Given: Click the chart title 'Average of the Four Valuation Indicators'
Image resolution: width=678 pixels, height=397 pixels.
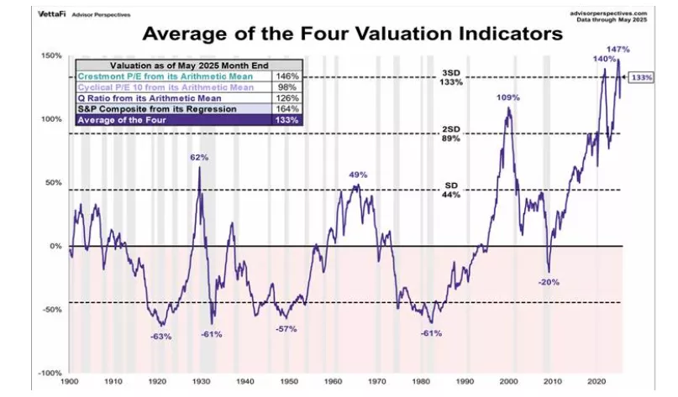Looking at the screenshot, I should pyautogui.click(x=351, y=34).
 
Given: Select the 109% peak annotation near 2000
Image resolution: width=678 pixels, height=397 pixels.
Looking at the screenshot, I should pyautogui.click(x=508, y=97).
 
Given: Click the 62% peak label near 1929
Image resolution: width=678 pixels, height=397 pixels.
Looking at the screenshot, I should pyautogui.click(x=199, y=157).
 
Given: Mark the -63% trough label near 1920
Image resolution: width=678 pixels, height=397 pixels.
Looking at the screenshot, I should pyautogui.click(x=160, y=336).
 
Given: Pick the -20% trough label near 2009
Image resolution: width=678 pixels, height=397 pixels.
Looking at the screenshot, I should pyautogui.click(x=549, y=281).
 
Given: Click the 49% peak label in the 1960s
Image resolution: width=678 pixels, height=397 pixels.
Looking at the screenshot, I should pyautogui.click(x=359, y=175).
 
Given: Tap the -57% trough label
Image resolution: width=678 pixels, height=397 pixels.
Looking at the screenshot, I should pyautogui.click(x=286, y=328).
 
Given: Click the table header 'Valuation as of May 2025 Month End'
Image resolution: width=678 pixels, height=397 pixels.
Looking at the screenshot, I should pyautogui.click(x=189, y=64).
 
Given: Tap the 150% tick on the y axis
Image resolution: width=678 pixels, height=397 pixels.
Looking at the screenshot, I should pyautogui.click(x=52, y=55).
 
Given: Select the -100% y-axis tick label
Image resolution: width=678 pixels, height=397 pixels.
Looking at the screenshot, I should pyautogui.click(x=50, y=373).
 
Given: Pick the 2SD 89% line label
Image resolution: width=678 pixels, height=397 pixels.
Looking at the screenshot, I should pyautogui.click(x=451, y=134).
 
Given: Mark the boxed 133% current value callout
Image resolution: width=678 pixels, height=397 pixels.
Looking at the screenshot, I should pyautogui.click(x=641, y=77).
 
